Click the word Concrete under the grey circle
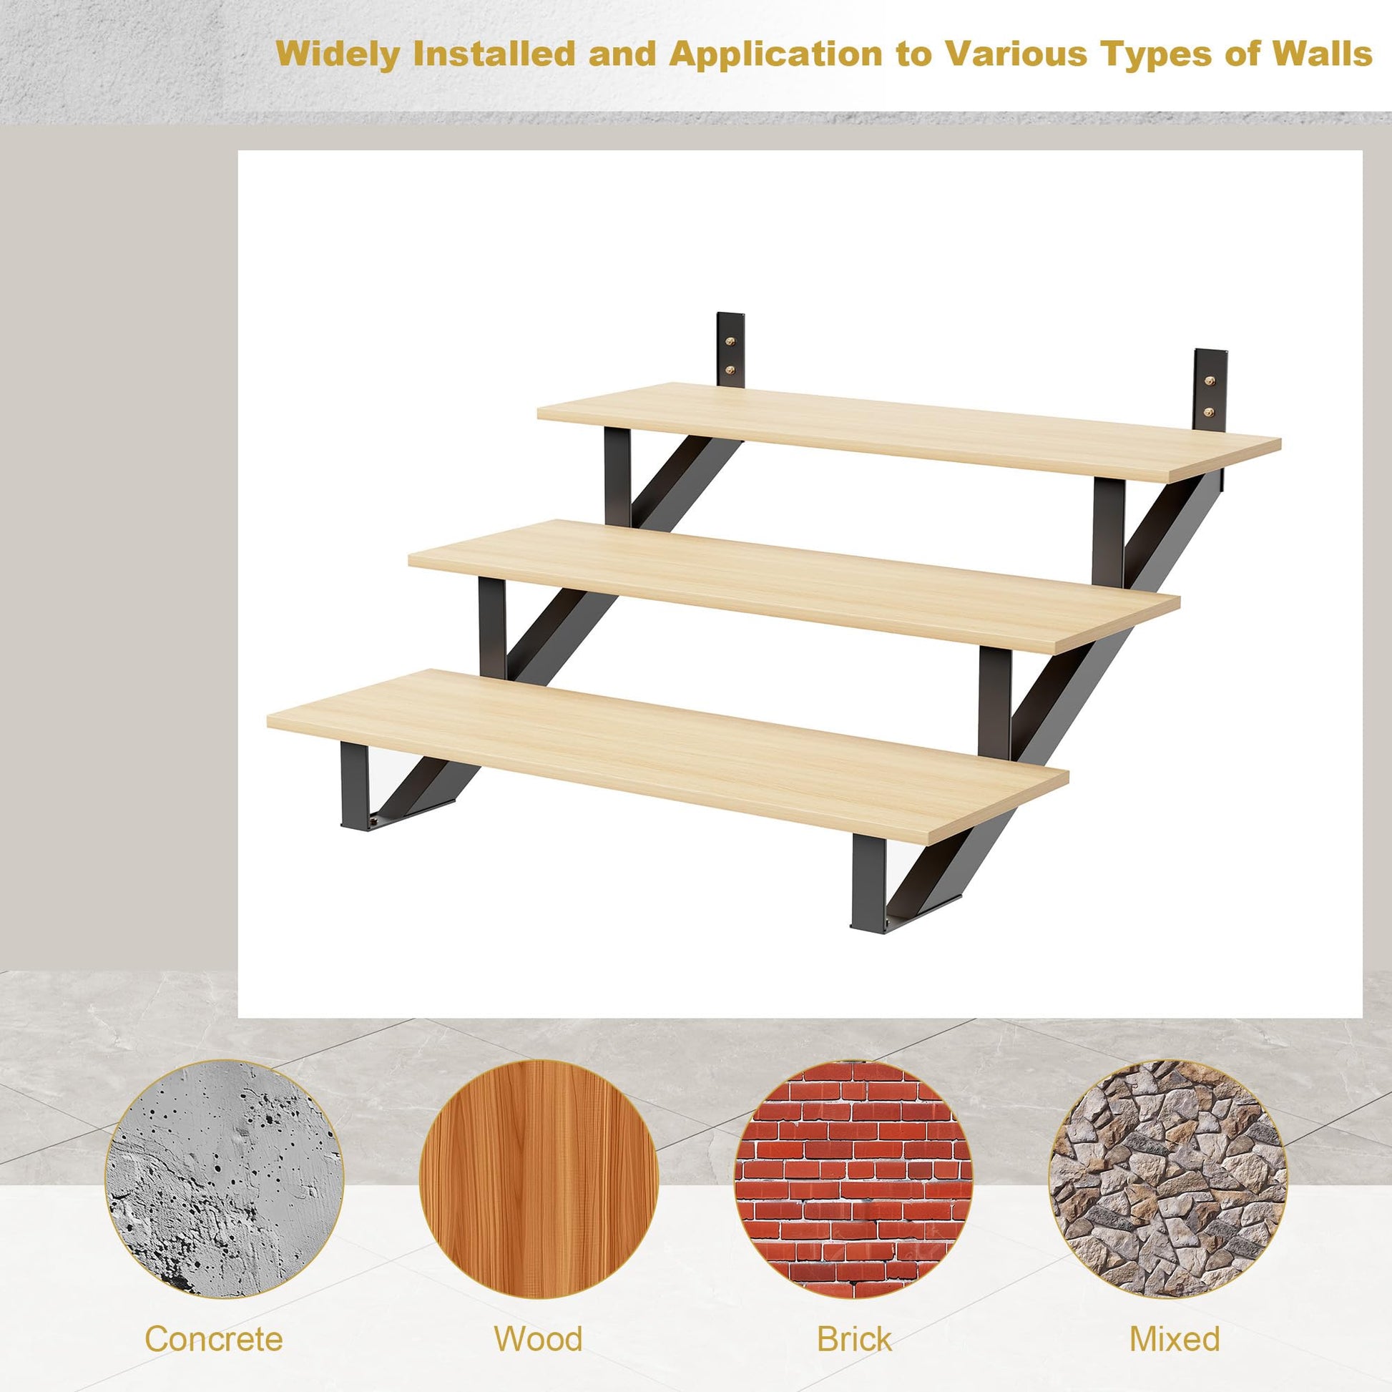[x=213, y=1318]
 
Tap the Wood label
[x=538, y=1318]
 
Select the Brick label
[x=854, y=1318]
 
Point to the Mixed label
[x=1175, y=1318]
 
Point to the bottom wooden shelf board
[x=667, y=755]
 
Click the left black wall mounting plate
[x=730, y=350]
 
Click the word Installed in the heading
[x=494, y=54]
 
